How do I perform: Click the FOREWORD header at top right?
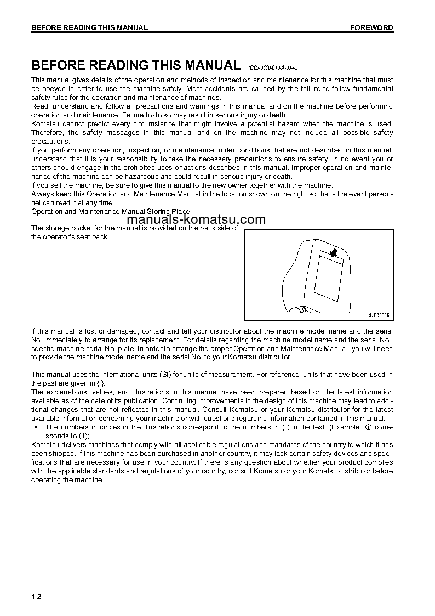point(371,28)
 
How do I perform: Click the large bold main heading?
point(135,65)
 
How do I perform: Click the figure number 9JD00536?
point(378,315)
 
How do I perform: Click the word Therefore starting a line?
point(48,133)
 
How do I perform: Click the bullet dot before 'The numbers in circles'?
point(36,427)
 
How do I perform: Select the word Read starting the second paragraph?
point(40,106)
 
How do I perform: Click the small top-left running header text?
point(89,28)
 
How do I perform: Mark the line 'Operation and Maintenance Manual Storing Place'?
point(110,212)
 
